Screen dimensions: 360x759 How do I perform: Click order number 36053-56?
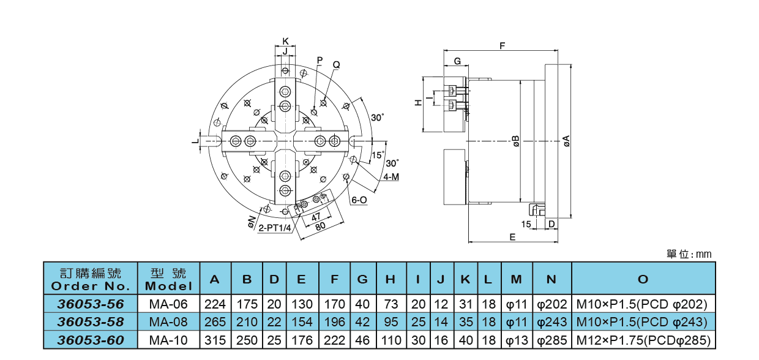(x=91, y=304)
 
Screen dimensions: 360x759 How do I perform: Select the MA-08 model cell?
(x=168, y=322)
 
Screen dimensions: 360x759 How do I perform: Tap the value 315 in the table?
(x=215, y=340)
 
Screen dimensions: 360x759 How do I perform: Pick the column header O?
(x=643, y=279)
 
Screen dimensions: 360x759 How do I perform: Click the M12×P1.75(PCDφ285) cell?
(x=643, y=340)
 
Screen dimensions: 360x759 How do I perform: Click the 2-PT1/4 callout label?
(x=274, y=228)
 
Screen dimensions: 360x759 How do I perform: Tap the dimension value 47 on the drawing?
(x=316, y=216)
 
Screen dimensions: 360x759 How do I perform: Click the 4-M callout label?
(x=391, y=178)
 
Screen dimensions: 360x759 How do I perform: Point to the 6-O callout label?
(x=359, y=200)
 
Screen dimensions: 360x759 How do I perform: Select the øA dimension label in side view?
(x=566, y=141)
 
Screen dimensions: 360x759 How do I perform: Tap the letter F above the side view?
(x=503, y=46)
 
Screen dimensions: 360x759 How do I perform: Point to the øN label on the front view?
(x=252, y=221)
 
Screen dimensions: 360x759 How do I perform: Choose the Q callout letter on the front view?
(x=336, y=64)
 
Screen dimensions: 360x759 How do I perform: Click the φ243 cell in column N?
(x=551, y=322)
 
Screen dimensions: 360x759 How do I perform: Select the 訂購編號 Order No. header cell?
(x=91, y=279)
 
